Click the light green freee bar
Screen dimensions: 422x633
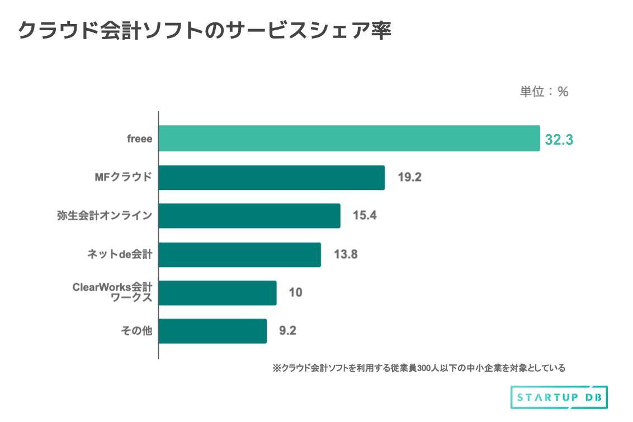349,139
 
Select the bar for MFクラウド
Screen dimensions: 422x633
271,178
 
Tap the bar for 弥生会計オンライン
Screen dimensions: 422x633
249,216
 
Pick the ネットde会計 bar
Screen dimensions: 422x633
239,255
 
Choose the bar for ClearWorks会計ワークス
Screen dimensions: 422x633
218,293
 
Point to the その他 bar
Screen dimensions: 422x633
212,331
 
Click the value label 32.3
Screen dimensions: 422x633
559,140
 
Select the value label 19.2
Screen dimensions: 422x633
409,178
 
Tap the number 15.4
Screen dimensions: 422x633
365,216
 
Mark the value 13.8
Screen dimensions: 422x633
346,255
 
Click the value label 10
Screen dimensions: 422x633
295,292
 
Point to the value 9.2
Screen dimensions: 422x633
287,331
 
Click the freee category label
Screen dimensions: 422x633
139,139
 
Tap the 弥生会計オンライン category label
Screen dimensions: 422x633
105,216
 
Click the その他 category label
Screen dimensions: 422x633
136,331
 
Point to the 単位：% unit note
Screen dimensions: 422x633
544,92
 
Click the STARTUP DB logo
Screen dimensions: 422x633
559,397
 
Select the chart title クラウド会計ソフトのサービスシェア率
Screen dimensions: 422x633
205,31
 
